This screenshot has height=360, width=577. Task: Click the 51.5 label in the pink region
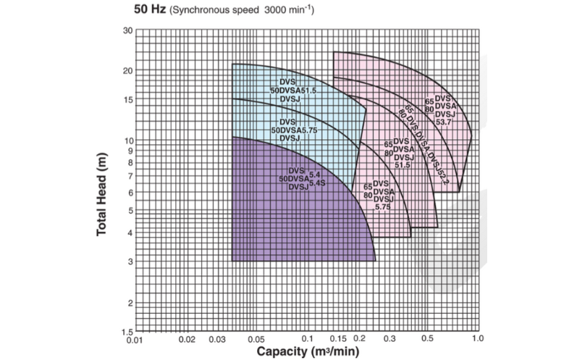[x=403, y=165]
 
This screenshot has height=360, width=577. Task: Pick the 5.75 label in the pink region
[x=382, y=207]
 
